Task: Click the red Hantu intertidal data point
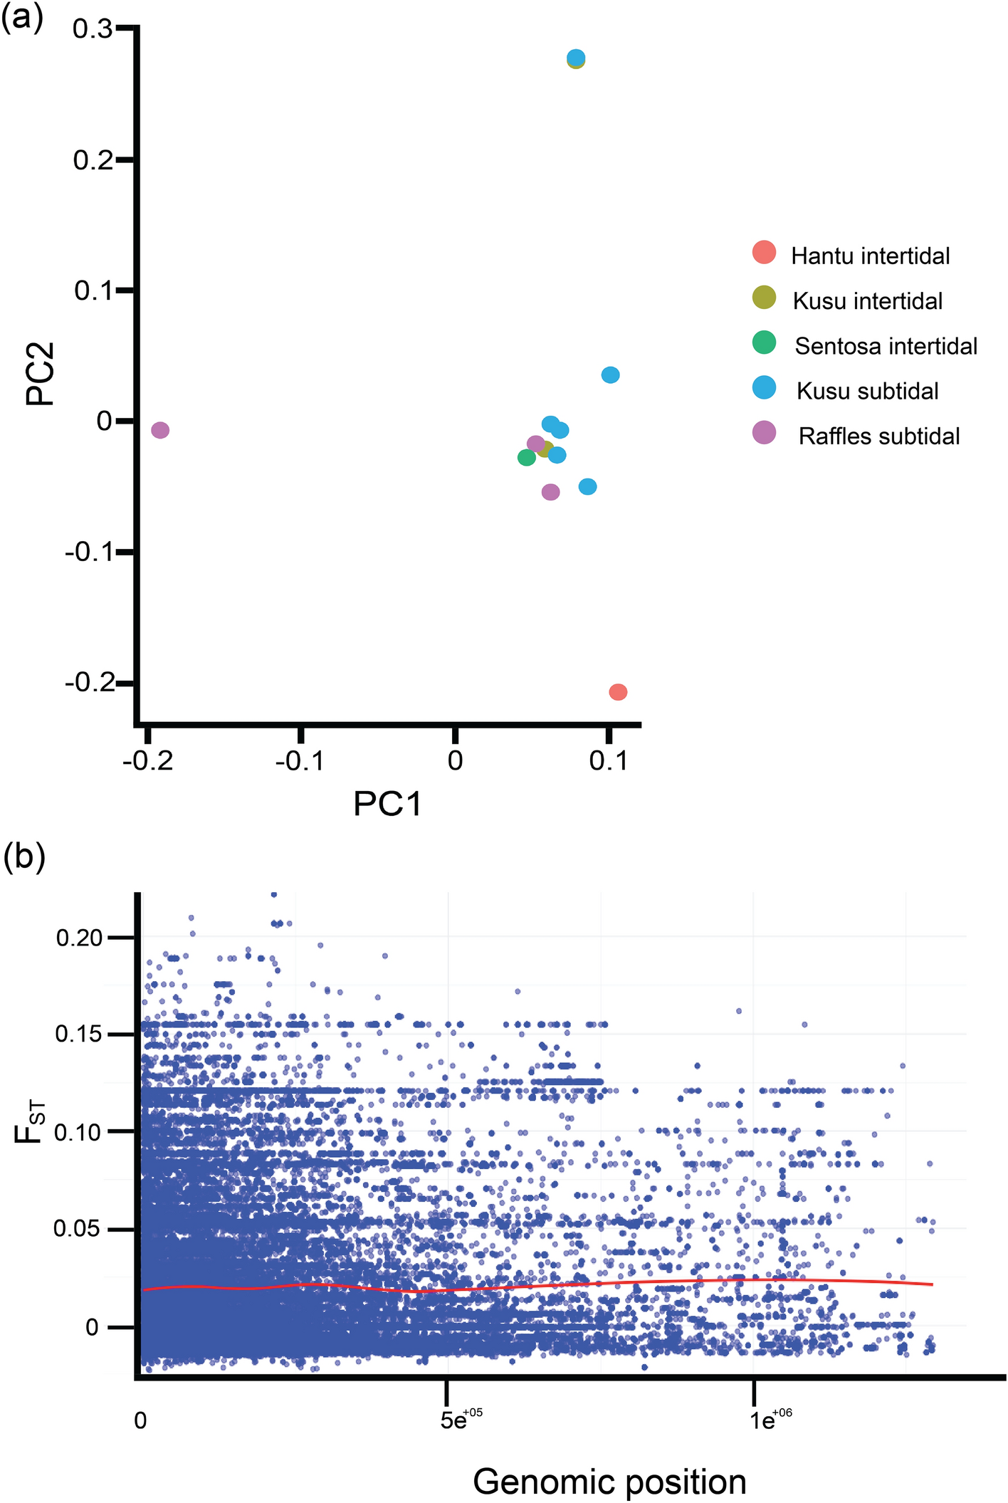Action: [618, 691]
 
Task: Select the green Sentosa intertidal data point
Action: [526, 457]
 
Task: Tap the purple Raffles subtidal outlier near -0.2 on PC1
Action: [160, 429]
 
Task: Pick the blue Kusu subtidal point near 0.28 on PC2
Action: [577, 57]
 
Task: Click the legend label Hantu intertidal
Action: [870, 256]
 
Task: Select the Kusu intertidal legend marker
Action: [764, 298]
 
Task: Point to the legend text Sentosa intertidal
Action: [886, 346]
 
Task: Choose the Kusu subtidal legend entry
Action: [867, 391]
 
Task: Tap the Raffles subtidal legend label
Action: [878, 436]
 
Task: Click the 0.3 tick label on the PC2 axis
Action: [92, 29]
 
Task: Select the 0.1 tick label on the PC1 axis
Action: [609, 761]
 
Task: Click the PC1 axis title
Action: [387, 805]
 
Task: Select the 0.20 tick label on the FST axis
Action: [79, 938]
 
